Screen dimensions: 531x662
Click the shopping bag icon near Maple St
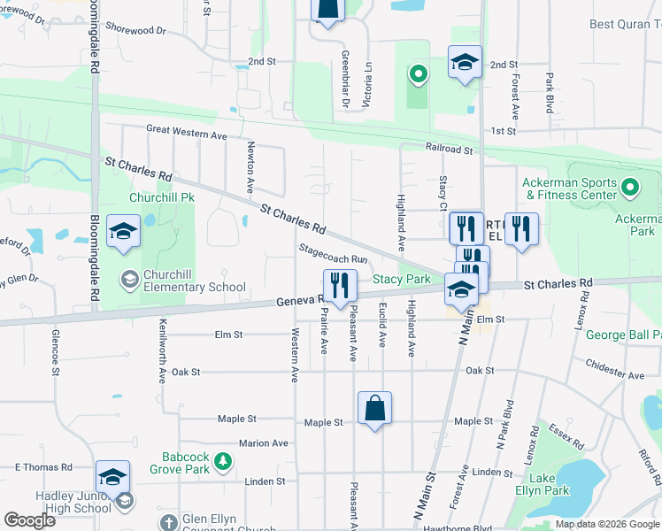tap(374, 409)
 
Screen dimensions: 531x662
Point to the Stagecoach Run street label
tap(333, 254)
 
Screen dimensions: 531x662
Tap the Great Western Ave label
tap(187, 132)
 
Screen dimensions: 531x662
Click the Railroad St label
tap(449, 150)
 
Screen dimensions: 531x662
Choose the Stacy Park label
tap(401, 279)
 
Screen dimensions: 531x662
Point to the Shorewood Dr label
tap(135, 29)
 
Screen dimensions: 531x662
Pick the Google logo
tap(30, 520)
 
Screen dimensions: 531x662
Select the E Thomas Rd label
tap(42, 466)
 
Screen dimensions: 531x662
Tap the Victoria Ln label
tap(366, 79)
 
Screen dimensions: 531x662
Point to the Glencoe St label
tap(55, 350)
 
